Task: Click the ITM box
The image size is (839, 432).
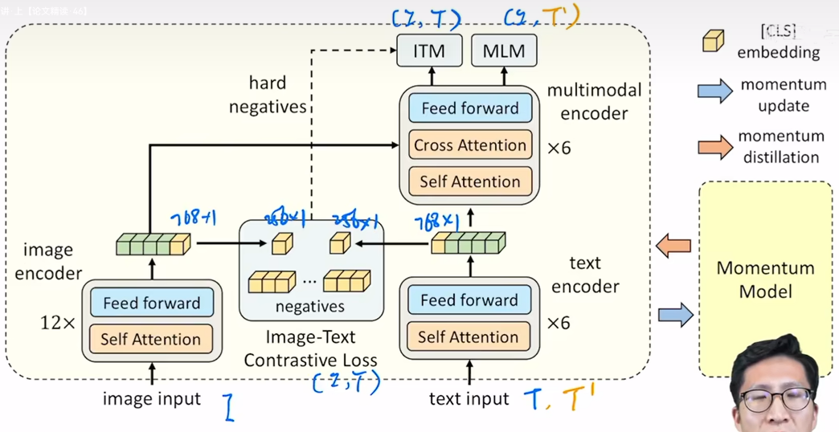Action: (430, 51)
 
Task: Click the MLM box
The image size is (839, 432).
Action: (504, 51)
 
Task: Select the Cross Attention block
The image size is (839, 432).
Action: (470, 145)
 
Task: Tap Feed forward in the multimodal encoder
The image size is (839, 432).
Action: (470, 108)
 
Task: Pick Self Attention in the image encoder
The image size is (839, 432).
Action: (151, 339)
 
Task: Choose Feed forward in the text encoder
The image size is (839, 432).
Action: (469, 300)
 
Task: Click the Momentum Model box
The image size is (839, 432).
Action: (765, 279)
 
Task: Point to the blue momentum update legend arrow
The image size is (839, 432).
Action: (714, 91)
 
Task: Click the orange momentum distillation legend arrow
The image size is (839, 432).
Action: (714, 146)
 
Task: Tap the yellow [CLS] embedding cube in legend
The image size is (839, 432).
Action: (713, 41)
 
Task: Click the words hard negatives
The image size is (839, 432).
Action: (268, 95)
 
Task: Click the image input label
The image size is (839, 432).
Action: (152, 398)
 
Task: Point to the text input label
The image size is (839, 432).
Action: (469, 398)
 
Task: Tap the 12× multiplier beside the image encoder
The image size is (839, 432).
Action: (57, 323)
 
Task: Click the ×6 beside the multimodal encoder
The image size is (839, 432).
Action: (559, 148)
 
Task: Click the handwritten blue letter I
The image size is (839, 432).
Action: (230, 406)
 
